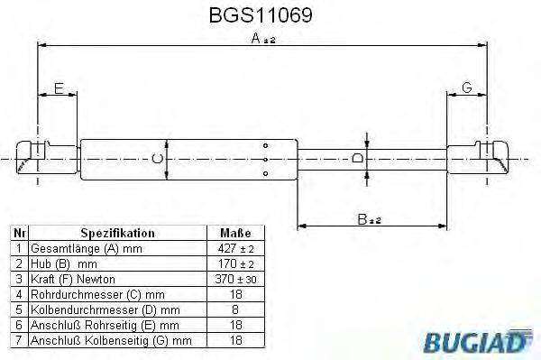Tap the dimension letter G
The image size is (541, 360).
tap(467, 88)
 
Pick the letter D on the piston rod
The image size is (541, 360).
tap(357, 159)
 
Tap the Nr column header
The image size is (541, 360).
tap(18, 233)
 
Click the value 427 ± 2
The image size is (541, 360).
tap(233, 248)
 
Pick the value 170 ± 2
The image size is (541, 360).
tap(233, 263)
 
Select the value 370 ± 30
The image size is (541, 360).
tap(233, 279)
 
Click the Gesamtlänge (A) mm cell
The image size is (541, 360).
tap(74, 248)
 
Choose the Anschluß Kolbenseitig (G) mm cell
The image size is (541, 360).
tap(104, 340)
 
